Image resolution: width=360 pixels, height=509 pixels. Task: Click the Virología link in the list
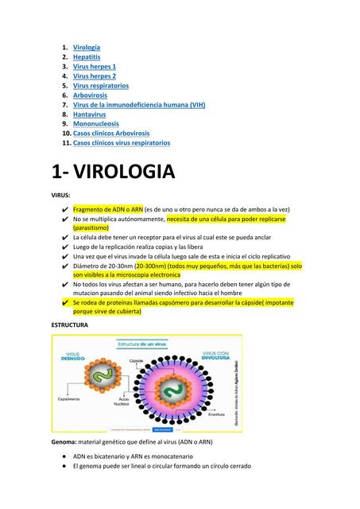pos(87,48)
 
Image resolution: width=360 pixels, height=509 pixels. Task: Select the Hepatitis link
pos(87,57)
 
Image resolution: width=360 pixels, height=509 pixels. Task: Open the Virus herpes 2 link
pos(95,76)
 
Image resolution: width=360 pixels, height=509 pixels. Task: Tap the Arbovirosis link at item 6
pos(90,95)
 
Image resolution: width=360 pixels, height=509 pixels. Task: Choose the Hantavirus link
pos(89,115)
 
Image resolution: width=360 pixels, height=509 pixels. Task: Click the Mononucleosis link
pos(95,124)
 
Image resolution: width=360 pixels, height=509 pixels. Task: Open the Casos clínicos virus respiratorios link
pos(121,143)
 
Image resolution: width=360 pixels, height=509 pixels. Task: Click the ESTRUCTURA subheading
pos(70,325)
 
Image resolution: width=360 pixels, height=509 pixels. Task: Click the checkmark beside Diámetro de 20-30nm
pos(64,266)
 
